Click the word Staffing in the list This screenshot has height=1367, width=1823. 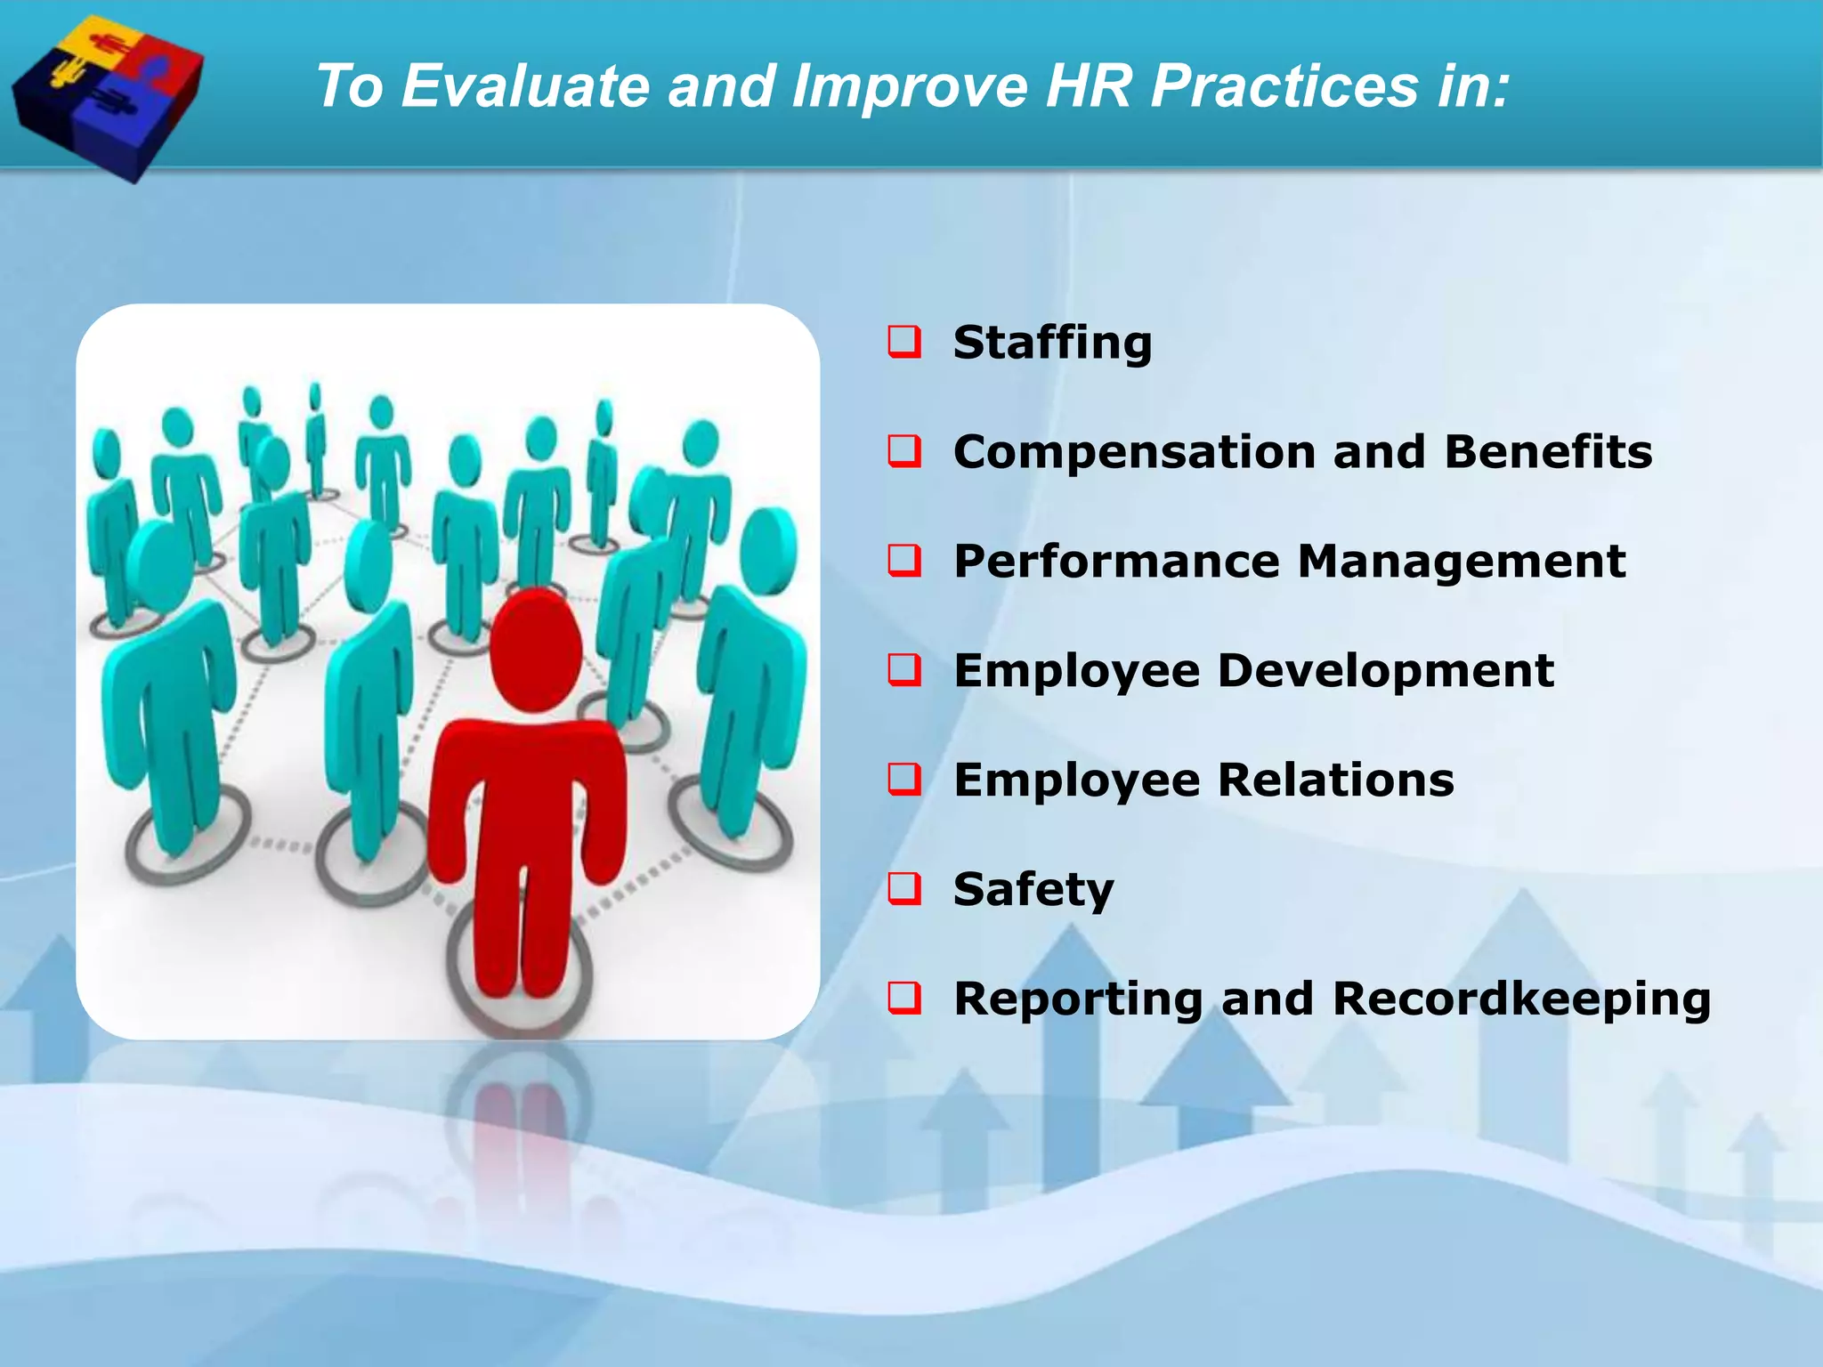pyautogui.click(x=1052, y=344)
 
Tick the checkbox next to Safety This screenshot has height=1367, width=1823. pyautogui.click(x=904, y=889)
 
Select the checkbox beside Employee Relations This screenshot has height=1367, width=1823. pyautogui.click(x=904, y=780)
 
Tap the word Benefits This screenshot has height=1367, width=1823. pyautogui.click(x=1548, y=451)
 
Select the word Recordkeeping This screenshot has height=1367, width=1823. pyautogui.click(x=1521, y=998)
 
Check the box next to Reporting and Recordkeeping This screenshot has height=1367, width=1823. pyautogui.click(x=904, y=998)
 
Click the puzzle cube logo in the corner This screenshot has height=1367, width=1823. pyautogui.click(x=107, y=93)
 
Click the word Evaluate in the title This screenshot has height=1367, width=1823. pyautogui.click(x=525, y=86)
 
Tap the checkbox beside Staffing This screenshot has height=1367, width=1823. pyautogui.click(x=904, y=343)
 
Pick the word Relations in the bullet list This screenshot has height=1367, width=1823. pyautogui.click(x=1335, y=780)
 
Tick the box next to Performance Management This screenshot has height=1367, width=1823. pyautogui.click(x=904, y=562)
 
